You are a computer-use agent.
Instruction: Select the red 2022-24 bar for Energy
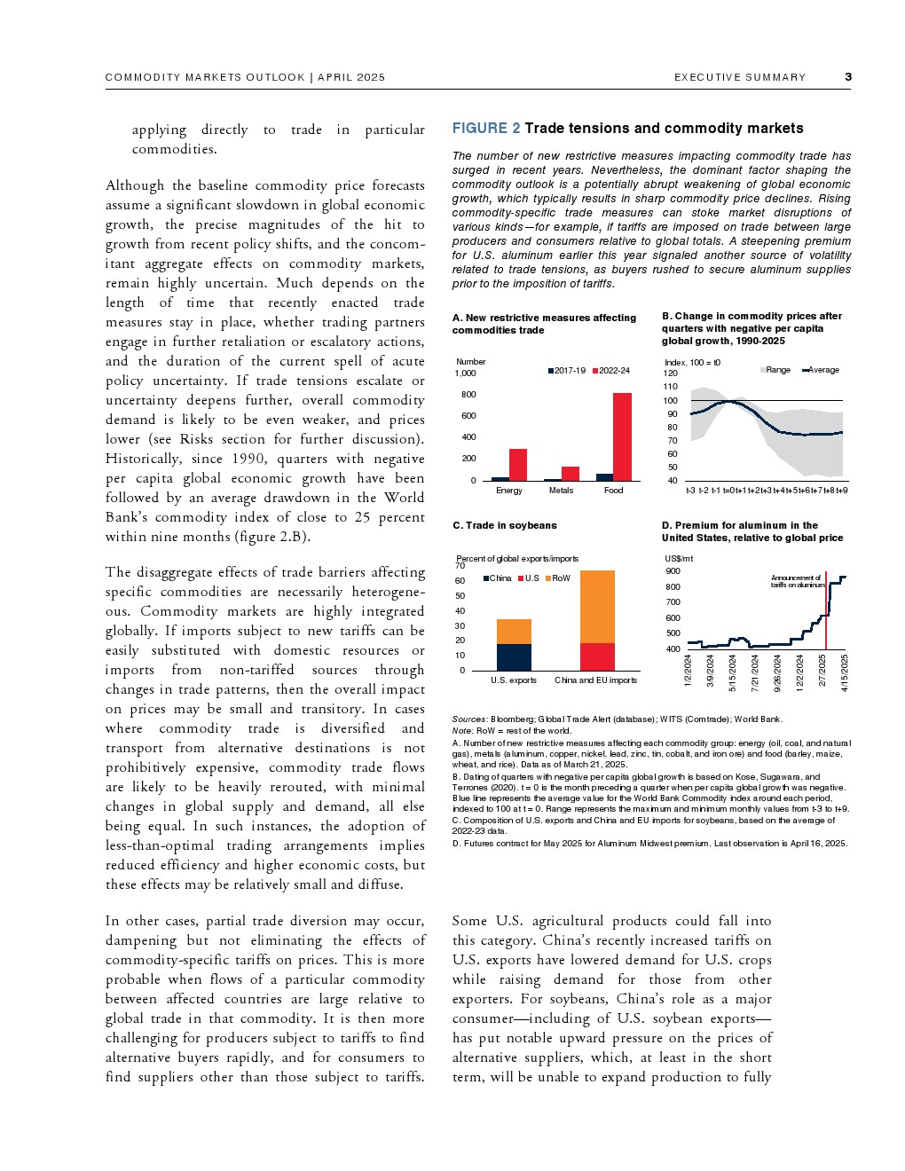click(518, 465)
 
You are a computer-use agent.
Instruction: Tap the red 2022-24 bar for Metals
click(571, 474)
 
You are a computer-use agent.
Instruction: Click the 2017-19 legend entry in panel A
click(566, 371)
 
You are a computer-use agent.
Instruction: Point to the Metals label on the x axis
click(561, 491)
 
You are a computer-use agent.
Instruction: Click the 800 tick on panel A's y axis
click(468, 395)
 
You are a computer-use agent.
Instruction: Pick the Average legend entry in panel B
click(821, 370)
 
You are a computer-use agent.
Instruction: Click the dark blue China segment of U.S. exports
click(514, 657)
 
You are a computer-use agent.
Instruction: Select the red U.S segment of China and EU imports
click(597, 656)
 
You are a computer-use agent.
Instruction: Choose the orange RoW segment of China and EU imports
click(597, 607)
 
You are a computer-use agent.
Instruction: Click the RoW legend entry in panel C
click(558, 578)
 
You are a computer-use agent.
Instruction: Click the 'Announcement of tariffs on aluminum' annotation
click(797, 581)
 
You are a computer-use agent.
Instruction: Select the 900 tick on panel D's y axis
click(673, 571)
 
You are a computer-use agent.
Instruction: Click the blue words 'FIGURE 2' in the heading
click(486, 129)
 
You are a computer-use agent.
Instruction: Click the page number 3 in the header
click(848, 77)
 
